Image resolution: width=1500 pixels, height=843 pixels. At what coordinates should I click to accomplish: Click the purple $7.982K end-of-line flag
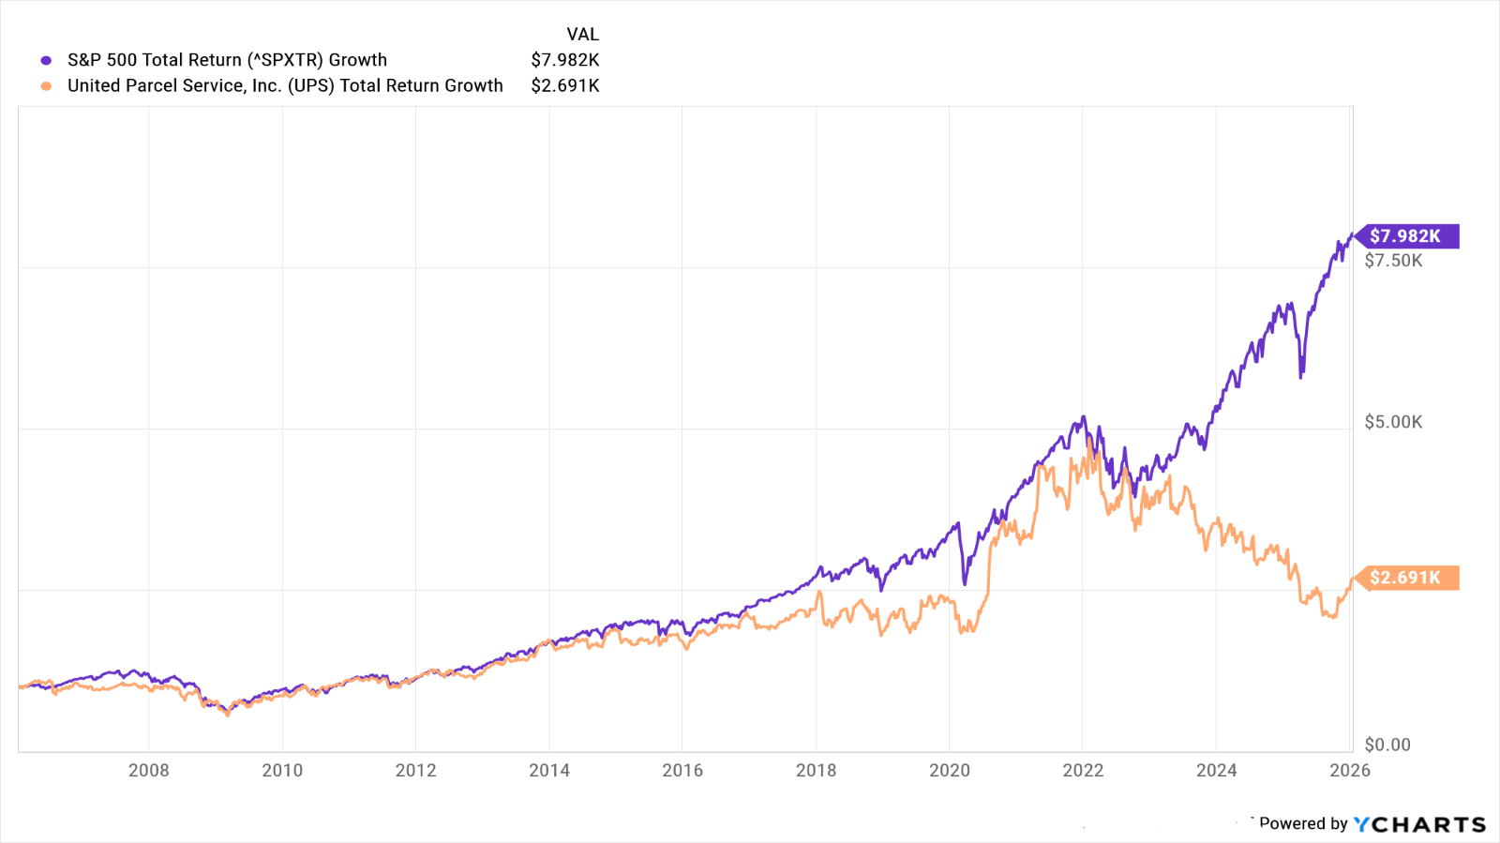pos(1405,236)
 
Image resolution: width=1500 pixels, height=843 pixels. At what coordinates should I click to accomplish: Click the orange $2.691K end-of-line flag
pos(1405,578)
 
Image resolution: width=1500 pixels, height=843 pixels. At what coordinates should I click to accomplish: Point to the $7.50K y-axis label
pos(1393,261)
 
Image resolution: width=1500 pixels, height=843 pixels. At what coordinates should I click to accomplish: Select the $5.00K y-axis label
pos(1393,422)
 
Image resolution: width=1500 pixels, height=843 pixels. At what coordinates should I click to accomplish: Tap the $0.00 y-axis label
pos(1387,745)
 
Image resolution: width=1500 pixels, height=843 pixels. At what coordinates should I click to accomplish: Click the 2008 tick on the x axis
pos(149,770)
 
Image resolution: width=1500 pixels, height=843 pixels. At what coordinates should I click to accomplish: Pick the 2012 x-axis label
pos(415,770)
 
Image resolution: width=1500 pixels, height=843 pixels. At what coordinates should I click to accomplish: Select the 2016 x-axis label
pos(682,770)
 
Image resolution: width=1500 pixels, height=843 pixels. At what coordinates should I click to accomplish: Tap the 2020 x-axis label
pos(950,770)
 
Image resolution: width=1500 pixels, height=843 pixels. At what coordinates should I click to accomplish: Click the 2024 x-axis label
pos(1216,770)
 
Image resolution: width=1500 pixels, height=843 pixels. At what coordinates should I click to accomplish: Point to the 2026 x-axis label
pos(1350,770)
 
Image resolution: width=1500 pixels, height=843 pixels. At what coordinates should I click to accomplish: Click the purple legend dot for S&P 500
pos(46,60)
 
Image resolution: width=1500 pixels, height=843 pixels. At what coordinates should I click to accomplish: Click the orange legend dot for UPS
pos(46,86)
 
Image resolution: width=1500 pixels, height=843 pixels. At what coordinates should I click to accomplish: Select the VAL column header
pos(582,35)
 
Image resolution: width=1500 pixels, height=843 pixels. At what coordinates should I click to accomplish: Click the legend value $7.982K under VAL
pos(564,60)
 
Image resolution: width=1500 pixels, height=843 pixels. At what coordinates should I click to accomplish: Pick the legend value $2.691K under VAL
pos(564,86)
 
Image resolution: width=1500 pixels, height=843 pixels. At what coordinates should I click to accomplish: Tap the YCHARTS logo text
pos(1419,824)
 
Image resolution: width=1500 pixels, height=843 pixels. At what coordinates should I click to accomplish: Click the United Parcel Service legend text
pos(285,86)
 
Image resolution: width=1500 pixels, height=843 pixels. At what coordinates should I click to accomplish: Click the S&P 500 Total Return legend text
pos(227,60)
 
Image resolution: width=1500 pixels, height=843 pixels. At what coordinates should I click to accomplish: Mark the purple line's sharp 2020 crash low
pos(965,582)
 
